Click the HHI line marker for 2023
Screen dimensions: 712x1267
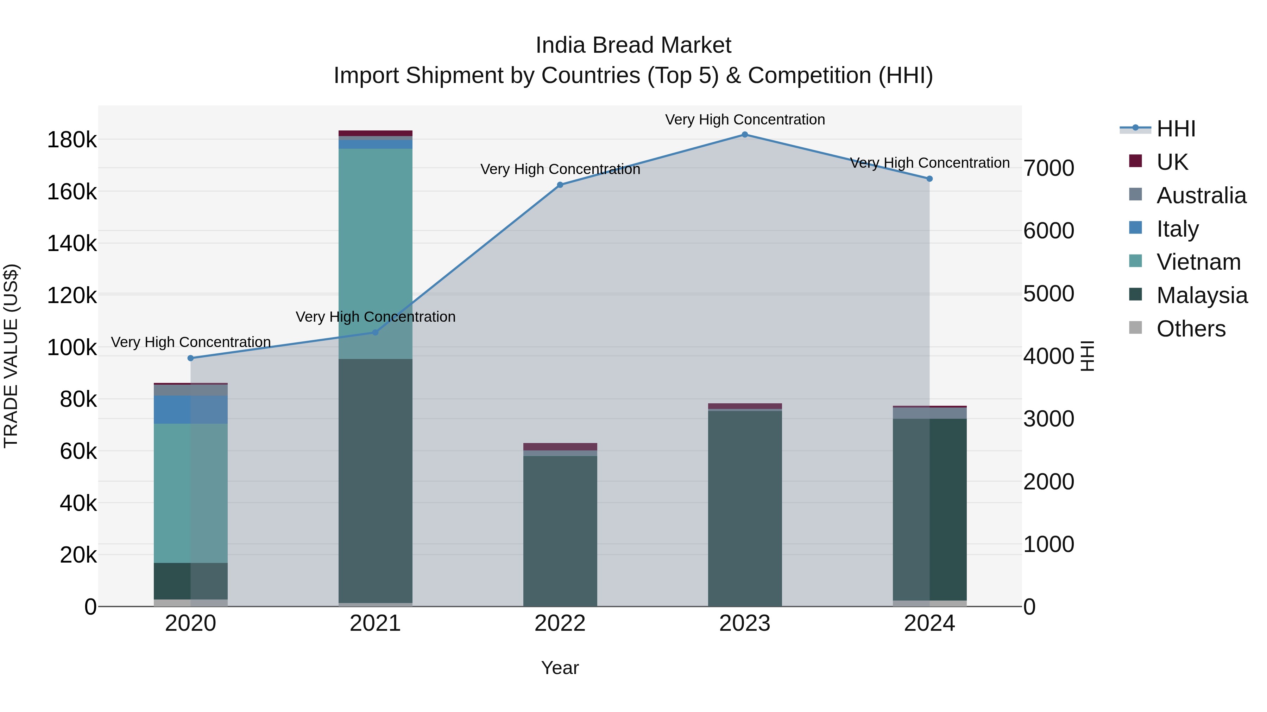[x=745, y=135]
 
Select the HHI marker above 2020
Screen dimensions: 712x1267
[x=191, y=358]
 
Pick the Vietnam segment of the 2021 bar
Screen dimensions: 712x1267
[x=375, y=253]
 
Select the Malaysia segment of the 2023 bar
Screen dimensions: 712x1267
[x=745, y=508]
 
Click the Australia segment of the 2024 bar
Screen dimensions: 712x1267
[x=929, y=413]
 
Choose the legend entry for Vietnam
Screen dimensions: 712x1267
[x=1198, y=262]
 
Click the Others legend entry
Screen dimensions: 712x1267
[x=1191, y=329]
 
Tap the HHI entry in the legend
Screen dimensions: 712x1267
[x=1175, y=129]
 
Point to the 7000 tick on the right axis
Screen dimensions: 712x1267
[x=1049, y=168]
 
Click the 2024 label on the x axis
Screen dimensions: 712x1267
[x=929, y=623]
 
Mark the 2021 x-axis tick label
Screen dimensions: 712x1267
[x=375, y=623]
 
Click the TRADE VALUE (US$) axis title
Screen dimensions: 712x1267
[x=11, y=356]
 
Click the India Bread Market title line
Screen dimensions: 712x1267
[x=633, y=45]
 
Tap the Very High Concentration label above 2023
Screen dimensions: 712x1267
[x=745, y=120]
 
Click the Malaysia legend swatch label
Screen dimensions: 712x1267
[x=1202, y=295]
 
